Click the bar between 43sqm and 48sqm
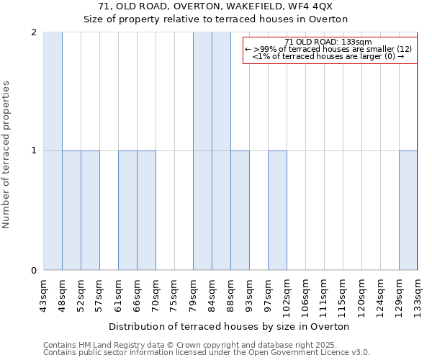tap(53, 151)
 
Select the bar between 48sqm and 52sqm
tap(71, 210)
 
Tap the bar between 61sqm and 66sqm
tap(127, 210)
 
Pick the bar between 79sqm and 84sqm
tap(202, 151)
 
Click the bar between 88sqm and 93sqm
tap(240, 210)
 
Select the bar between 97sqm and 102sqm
tap(277, 210)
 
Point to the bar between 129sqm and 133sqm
tap(408, 210)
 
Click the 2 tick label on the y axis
tap(34, 32)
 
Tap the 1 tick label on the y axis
tap(34, 151)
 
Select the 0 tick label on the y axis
tap(34, 271)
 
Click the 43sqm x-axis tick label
tap(44, 295)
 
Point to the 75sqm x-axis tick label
tap(175, 295)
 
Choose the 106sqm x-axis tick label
tap(305, 297)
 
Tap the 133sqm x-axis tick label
tap(418, 297)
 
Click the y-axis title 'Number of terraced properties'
tap(6, 155)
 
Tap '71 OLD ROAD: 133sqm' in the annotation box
tap(328, 42)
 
